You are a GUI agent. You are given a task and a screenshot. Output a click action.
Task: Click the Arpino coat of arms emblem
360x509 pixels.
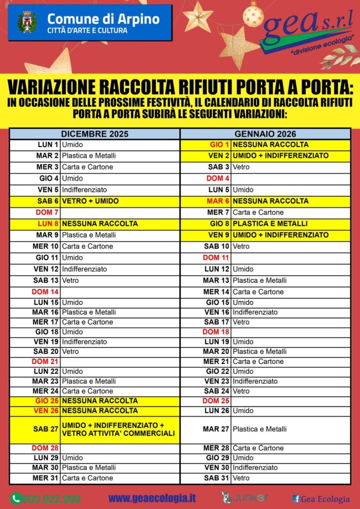27,22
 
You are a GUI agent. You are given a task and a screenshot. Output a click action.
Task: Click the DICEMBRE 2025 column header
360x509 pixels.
94,134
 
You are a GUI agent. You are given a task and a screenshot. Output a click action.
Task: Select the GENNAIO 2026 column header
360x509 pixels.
265,134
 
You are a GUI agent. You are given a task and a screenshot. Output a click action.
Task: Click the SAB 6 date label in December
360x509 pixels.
48,201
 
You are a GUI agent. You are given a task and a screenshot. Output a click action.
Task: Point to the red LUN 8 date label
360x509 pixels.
48,224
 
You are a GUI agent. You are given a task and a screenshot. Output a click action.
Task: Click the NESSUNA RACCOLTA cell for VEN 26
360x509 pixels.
100,411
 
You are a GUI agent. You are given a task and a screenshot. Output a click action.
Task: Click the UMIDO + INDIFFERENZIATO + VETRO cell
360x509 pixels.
118,429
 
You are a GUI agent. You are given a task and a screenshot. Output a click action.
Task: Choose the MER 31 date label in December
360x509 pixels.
46,478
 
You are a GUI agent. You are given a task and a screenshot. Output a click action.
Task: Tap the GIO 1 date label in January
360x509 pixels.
220,145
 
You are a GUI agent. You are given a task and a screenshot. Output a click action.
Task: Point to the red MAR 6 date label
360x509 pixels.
218,201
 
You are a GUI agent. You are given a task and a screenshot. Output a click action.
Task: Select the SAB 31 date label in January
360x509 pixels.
217,478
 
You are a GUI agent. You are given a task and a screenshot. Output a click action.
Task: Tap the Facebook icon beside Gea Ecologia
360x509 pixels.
296,499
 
